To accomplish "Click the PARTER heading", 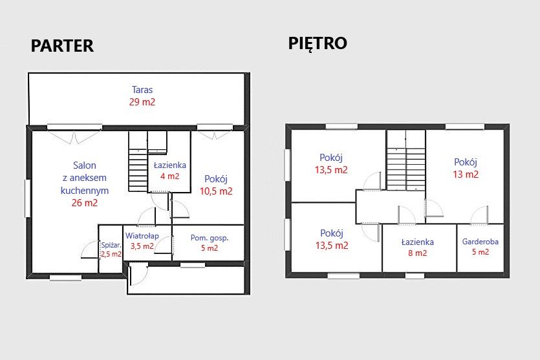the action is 62,46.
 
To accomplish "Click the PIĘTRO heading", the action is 318,44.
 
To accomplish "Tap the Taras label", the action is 142,89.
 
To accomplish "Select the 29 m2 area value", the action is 142,102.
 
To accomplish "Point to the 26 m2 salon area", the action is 85,203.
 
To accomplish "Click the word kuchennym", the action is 85,190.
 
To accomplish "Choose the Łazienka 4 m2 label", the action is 170,165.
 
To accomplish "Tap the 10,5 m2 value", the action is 216,191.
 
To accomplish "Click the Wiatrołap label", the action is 142,236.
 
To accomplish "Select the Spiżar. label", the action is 111,246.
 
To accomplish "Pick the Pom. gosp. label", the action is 210,238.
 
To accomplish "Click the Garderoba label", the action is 481,242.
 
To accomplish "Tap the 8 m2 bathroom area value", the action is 418,253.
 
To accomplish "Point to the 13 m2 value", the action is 466,174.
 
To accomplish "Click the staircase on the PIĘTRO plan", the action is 406,160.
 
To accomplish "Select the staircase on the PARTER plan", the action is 138,161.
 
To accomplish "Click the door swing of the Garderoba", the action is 479,215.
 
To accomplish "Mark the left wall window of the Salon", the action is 27,198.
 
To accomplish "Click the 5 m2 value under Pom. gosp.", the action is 210,248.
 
